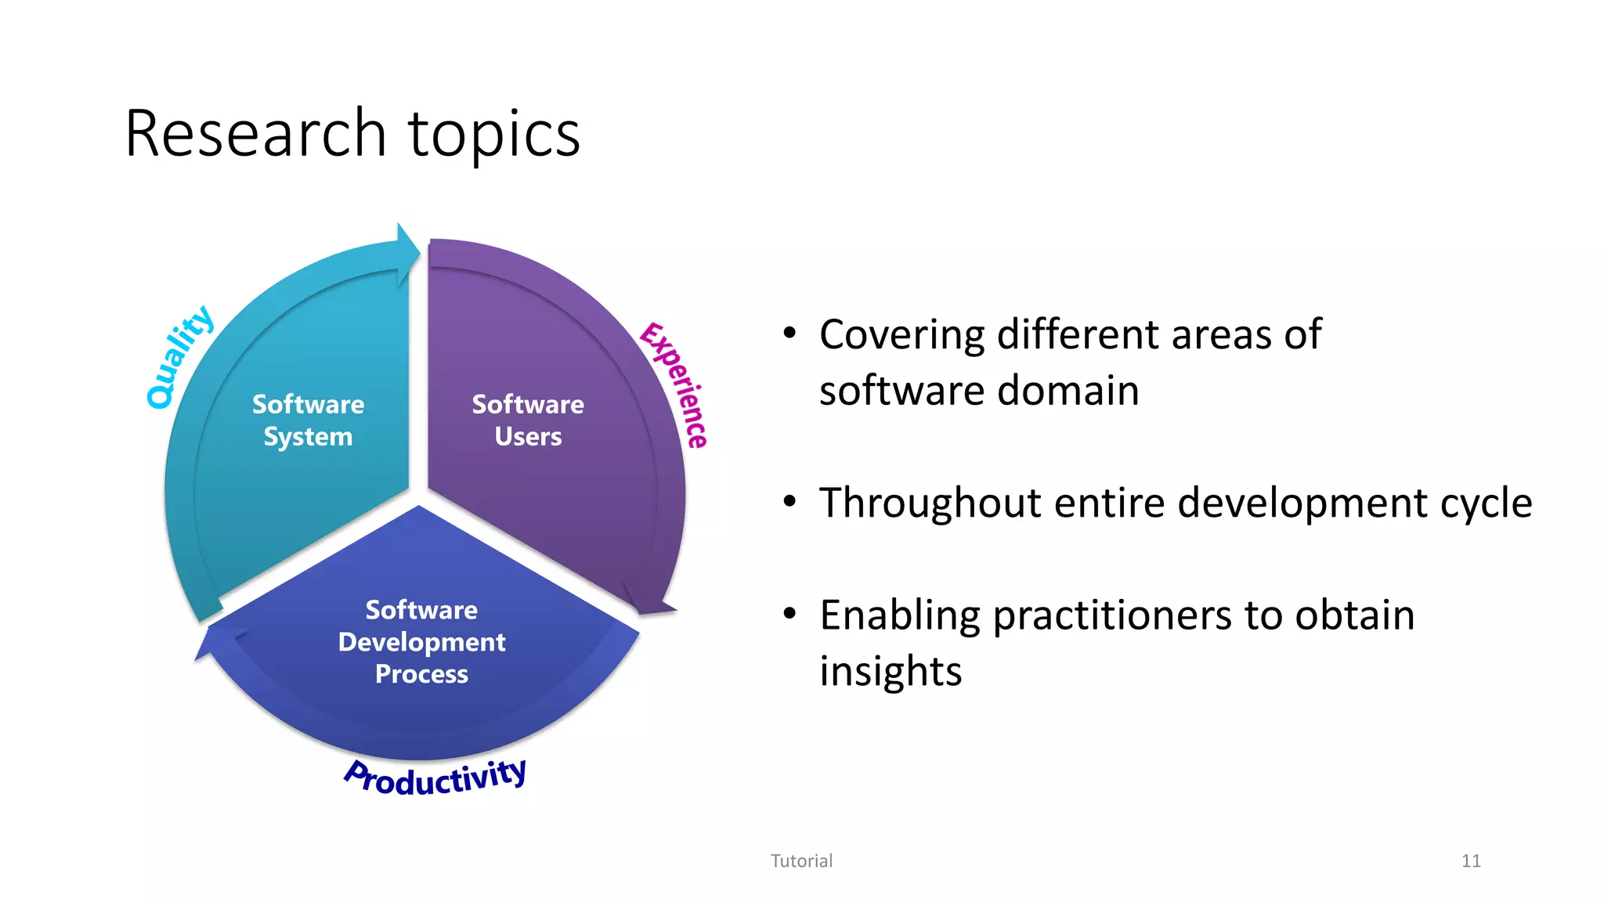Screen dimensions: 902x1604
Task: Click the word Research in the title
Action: [255, 135]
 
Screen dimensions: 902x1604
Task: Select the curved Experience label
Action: [674, 384]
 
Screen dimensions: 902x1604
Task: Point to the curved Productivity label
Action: [435, 778]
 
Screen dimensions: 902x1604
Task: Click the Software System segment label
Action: [308, 420]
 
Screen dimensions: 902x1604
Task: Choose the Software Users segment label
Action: [527, 420]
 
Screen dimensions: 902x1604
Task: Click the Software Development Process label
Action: [421, 642]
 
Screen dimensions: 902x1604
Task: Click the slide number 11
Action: [1470, 861]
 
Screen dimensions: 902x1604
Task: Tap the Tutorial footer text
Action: [801, 861]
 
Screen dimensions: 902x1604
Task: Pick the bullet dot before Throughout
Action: [789, 501]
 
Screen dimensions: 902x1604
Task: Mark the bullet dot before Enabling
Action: [789, 614]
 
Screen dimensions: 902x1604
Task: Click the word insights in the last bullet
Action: [891, 672]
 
